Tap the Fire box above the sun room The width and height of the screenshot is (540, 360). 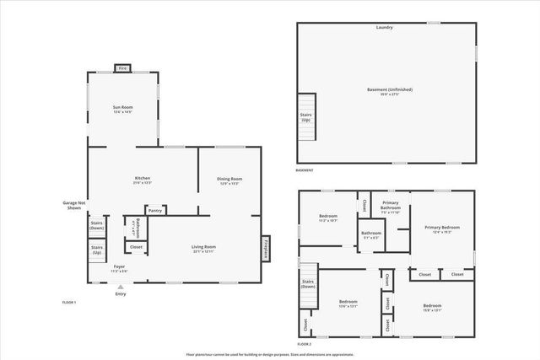(x=122, y=68)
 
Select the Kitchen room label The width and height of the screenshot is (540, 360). (x=143, y=179)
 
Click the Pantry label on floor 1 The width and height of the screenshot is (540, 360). (x=155, y=210)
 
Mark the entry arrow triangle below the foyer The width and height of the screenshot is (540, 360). (x=120, y=287)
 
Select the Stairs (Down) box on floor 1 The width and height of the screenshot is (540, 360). (x=97, y=226)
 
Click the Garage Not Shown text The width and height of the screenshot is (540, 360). (x=75, y=204)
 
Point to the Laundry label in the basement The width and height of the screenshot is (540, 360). (x=385, y=28)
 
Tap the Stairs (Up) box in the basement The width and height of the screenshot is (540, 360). (x=305, y=117)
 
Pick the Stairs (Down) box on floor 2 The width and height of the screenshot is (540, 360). (x=307, y=283)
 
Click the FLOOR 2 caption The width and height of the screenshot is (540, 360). (x=305, y=344)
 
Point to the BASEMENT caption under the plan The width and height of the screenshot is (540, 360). (x=305, y=170)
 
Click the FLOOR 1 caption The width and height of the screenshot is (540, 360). (x=69, y=301)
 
